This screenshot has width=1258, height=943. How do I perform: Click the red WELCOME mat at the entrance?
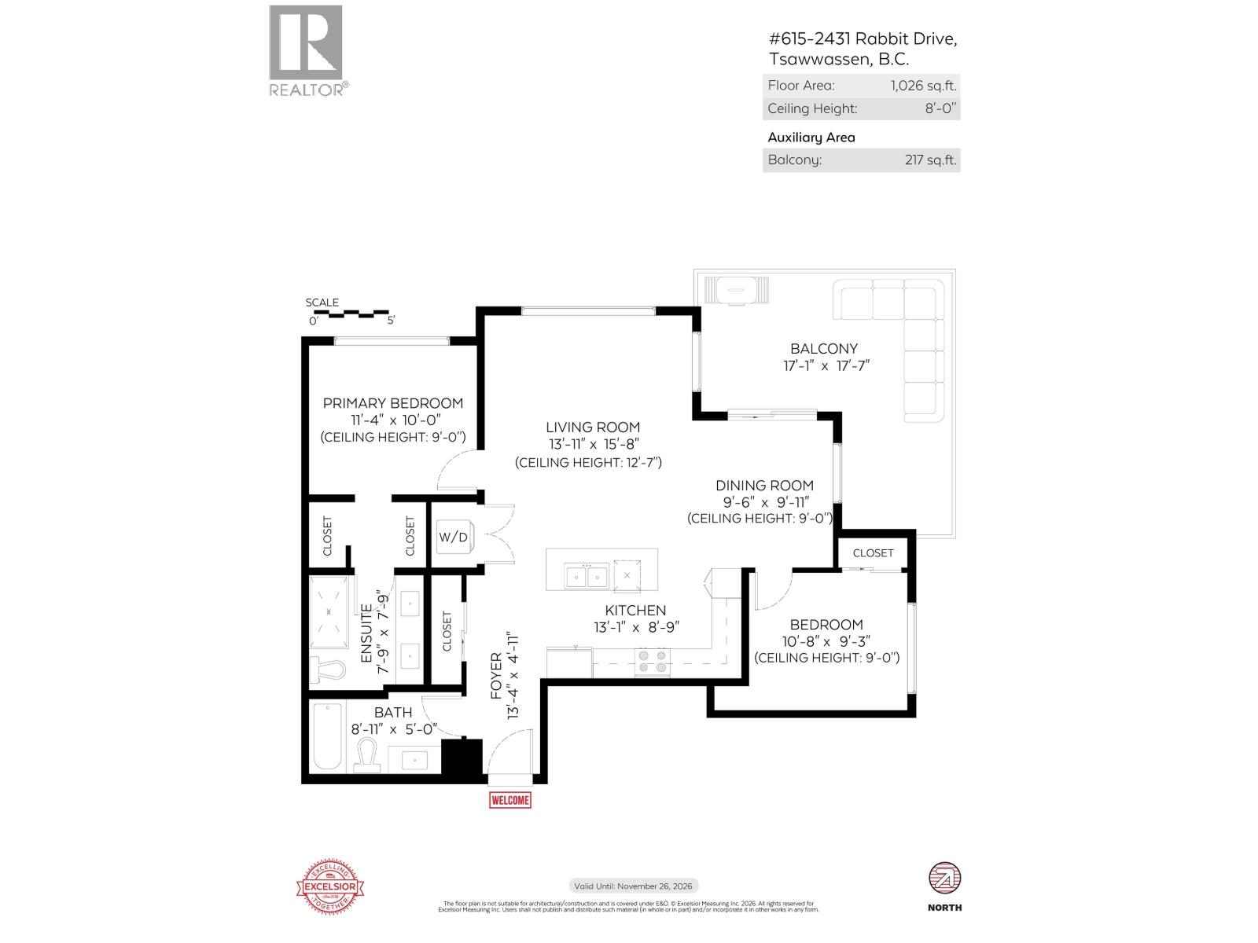(509, 800)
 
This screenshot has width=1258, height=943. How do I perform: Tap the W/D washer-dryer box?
(454, 538)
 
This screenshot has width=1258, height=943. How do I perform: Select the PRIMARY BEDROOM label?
(392, 403)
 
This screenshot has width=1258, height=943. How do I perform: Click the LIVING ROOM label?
(593, 427)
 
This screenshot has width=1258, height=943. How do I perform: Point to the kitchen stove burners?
(652, 662)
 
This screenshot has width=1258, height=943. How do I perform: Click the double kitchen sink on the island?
(587, 577)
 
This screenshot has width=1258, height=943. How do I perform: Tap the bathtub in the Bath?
(327, 737)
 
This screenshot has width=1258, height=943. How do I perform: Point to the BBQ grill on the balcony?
(736, 290)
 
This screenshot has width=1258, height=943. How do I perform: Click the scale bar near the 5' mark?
(385, 314)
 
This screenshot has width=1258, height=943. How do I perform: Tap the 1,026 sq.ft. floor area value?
(923, 86)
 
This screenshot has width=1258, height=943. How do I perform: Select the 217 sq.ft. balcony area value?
(930, 160)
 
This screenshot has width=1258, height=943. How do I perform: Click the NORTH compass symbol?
(944, 879)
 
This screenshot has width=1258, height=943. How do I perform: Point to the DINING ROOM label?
(764, 486)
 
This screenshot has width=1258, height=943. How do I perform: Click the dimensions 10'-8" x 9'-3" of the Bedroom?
(826, 641)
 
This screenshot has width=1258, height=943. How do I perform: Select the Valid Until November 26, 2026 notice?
(633, 886)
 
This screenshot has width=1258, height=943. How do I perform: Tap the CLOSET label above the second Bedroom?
(873, 552)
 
